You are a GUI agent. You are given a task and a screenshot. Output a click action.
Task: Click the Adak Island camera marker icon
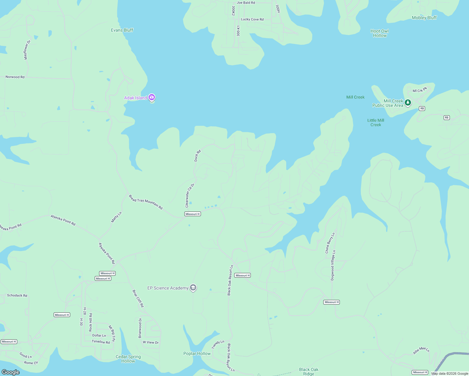coord(152,97)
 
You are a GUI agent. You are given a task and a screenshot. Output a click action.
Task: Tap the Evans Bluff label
coord(122,30)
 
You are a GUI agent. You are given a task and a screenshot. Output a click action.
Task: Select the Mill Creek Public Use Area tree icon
coord(408,102)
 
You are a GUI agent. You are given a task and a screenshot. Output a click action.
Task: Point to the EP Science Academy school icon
coord(193,288)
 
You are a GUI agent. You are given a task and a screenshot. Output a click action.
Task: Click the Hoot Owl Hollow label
coord(380,33)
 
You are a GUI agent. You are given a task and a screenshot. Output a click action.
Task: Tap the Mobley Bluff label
coord(424,18)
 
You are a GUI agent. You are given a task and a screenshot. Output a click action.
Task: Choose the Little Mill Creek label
coord(376,123)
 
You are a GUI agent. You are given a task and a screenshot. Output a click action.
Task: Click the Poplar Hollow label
coord(197,353)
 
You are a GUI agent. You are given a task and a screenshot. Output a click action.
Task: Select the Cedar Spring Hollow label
coord(128,359)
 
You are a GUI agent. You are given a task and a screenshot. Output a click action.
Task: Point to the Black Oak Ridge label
coord(308,371)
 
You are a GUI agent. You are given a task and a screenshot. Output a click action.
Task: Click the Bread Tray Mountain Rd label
coord(146,202)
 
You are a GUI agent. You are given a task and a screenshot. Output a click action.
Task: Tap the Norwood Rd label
coord(15,77)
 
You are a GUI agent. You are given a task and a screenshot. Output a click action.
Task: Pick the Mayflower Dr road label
coord(27,50)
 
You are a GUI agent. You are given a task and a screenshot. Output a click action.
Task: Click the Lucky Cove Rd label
coord(252,19)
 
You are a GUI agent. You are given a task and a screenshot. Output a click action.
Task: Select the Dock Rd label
coord(197,156)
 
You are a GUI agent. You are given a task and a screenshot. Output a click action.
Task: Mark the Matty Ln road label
coord(116,217)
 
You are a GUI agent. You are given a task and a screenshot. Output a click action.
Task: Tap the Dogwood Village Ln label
coord(333,265)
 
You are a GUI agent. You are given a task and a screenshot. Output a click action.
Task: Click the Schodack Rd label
coord(17,295)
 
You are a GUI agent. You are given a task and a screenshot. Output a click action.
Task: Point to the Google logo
coord(11,372)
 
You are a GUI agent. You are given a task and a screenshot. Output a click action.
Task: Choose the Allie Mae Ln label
coord(421,350)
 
